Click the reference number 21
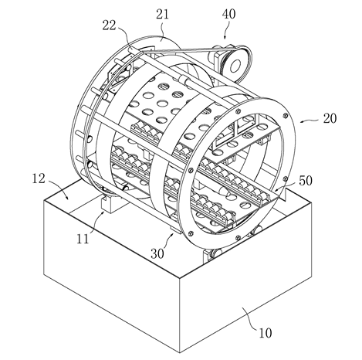click(x=162, y=14)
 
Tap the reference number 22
click(x=109, y=25)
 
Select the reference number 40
click(x=228, y=14)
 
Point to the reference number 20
click(x=330, y=119)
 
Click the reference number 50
click(x=306, y=181)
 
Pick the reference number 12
click(x=39, y=178)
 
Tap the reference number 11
click(x=83, y=239)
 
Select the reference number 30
click(x=157, y=254)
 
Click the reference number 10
click(x=266, y=333)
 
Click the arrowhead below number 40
click(x=225, y=38)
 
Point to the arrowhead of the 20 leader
click(x=302, y=121)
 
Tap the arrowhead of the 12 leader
click(x=67, y=197)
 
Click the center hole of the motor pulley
click(x=235, y=66)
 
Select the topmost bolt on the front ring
click(x=237, y=111)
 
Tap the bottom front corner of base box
click(x=179, y=352)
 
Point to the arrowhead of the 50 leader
click(x=275, y=190)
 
